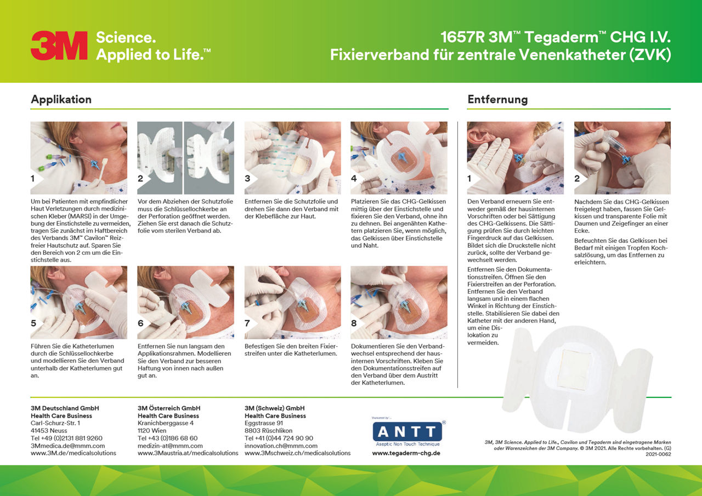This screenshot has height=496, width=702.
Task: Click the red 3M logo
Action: (x=59, y=45)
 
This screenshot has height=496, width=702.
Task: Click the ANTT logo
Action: (x=407, y=432)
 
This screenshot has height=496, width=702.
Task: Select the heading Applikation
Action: (x=61, y=100)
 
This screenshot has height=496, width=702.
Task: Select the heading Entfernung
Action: (x=497, y=100)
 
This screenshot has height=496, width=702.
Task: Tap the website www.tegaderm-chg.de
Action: (x=406, y=453)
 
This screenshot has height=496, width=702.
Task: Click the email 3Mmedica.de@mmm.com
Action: (x=67, y=446)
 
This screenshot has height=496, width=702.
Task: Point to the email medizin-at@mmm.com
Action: (x=170, y=446)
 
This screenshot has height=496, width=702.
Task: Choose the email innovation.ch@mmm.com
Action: (x=281, y=446)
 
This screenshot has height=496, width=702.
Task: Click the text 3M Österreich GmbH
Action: (x=169, y=408)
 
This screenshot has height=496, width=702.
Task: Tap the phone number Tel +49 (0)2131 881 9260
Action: (x=66, y=438)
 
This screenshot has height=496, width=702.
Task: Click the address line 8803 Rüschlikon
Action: (x=268, y=431)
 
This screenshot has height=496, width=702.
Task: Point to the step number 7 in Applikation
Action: (x=247, y=323)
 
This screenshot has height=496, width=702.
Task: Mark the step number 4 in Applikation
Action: (x=354, y=179)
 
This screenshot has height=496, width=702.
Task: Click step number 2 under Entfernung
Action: (x=577, y=179)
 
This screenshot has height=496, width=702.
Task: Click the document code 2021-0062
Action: (x=658, y=454)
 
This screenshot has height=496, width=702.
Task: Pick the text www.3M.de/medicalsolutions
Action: (x=73, y=453)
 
